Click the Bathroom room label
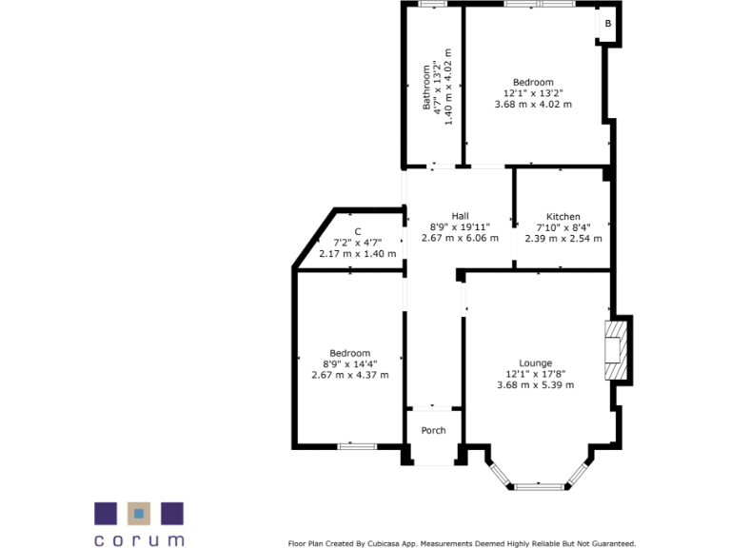pos(427,88)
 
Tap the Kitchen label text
pos(563,217)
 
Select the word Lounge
pos(535,362)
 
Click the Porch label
pos(433,430)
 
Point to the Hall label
pos(460,216)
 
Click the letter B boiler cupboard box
pos(608,24)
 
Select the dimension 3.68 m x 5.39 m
pos(535,384)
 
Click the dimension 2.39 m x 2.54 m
pos(563,238)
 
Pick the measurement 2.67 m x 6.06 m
pos(460,238)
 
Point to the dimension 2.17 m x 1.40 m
pos(357,253)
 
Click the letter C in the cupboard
pos(358,231)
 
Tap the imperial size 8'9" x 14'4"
pos(350,363)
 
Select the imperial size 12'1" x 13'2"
pos(533,93)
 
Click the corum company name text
pos(139,539)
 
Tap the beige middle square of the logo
pos(139,514)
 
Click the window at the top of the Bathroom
pos(432,5)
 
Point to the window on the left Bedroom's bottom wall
pos(357,445)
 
